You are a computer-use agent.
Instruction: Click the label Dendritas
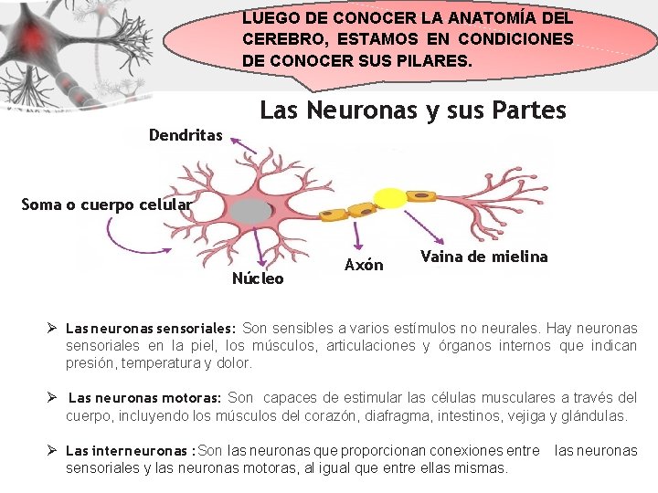(x=186, y=135)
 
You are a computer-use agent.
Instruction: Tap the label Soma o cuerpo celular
(x=107, y=205)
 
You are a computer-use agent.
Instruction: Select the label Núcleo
(x=258, y=278)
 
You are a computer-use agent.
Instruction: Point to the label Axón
(x=364, y=265)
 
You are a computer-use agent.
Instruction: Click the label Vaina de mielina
(x=483, y=257)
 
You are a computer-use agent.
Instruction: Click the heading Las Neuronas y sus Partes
(x=413, y=110)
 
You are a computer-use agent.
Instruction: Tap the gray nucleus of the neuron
(x=249, y=213)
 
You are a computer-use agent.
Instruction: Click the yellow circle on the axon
(x=390, y=199)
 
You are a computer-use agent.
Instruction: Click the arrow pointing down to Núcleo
(x=260, y=249)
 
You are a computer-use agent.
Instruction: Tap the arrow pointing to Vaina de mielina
(x=418, y=226)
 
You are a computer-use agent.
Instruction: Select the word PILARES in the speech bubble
(x=436, y=62)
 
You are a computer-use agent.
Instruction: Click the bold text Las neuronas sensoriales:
(x=151, y=329)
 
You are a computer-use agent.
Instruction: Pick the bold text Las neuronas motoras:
(x=144, y=398)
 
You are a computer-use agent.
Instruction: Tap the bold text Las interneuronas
(x=127, y=451)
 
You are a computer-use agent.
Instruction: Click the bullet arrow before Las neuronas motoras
(x=54, y=398)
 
